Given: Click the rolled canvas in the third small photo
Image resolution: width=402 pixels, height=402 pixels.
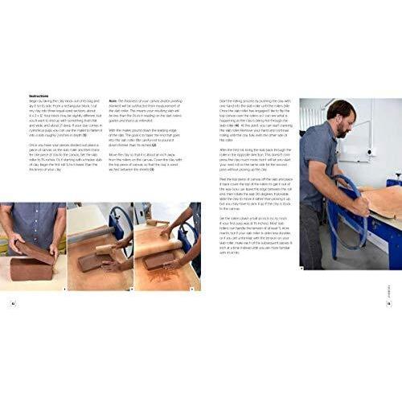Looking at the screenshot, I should pyautogui.click(x=165, y=229).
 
